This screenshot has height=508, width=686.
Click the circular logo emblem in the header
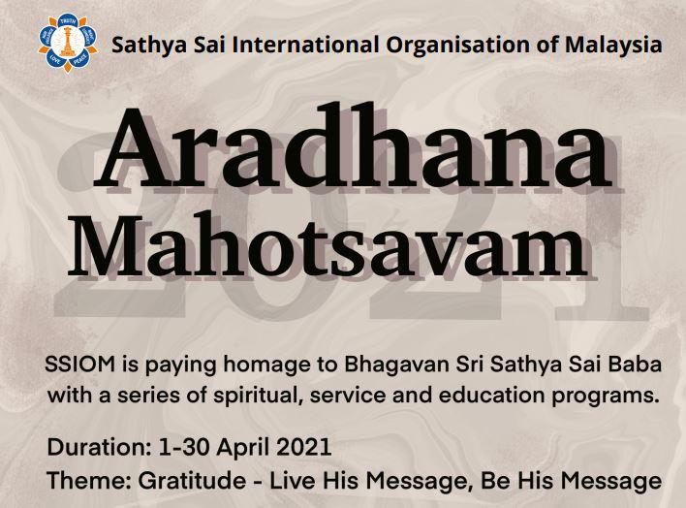[x=68, y=43]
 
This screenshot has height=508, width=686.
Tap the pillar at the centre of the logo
[x=68, y=42]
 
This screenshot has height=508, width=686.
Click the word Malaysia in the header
[x=613, y=46]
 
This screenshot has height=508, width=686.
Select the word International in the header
[x=305, y=46]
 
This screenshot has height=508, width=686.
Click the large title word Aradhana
[x=353, y=146]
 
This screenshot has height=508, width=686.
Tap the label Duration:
[x=99, y=447]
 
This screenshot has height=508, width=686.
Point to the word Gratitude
[x=192, y=481]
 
